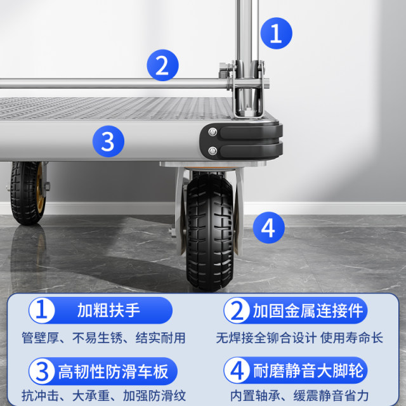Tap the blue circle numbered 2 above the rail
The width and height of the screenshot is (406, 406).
coord(163,65)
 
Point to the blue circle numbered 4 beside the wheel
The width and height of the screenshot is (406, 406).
coord(269,228)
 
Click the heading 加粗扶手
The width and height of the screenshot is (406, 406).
coord(108,311)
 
